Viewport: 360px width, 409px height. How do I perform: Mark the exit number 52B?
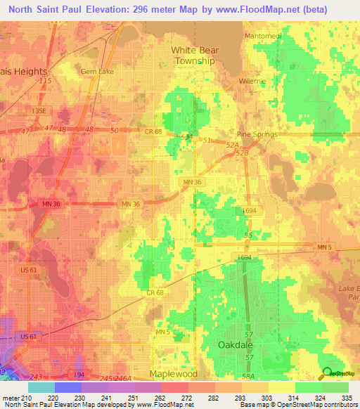coord(243,152)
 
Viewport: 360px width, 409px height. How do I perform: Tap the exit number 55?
coord(247,234)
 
